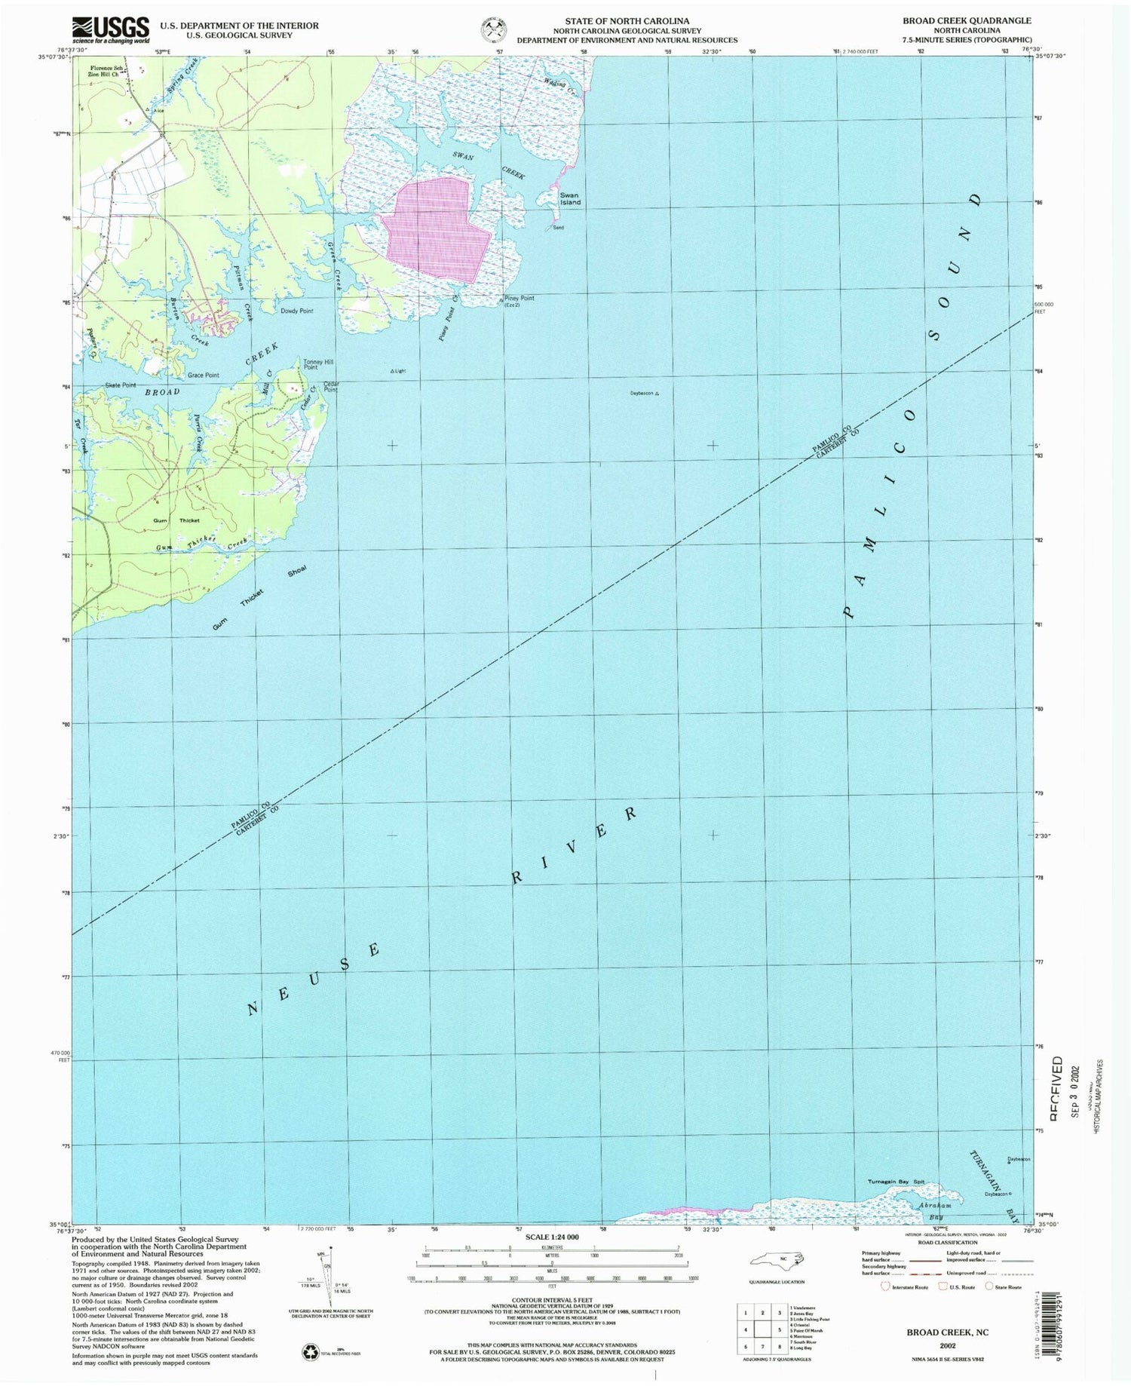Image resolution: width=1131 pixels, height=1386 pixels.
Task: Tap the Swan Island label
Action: (569, 199)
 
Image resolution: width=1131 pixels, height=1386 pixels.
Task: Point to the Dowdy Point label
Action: (296, 311)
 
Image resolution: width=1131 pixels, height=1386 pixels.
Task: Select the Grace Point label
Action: (203, 375)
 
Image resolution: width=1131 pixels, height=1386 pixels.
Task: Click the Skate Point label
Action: (121, 385)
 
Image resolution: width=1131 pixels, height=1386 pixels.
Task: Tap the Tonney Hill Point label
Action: (317, 364)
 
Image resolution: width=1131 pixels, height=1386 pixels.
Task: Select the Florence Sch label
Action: (99, 68)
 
